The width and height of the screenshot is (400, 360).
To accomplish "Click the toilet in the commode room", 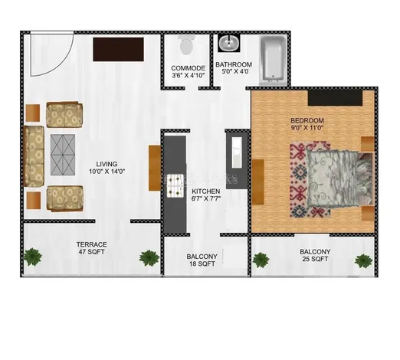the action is [x=186, y=44].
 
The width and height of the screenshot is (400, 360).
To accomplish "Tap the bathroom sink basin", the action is [x=229, y=43].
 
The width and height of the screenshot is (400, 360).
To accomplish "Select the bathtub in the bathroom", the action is [x=273, y=61].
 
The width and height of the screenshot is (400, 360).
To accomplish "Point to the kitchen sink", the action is [x=237, y=152].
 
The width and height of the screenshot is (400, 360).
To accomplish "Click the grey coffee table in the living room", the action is [x=63, y=155].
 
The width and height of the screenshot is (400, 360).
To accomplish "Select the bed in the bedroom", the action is [x=340, y=178].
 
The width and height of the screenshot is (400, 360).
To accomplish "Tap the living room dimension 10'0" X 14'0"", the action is [x=107, y=172].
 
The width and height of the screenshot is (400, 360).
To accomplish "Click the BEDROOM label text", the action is [x=307, y=120].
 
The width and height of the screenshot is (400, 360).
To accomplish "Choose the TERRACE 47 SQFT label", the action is [x=91, y=248].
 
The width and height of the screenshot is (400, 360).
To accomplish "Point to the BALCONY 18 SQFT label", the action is [x=202, y=260].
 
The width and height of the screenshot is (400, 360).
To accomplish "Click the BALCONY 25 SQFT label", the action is [x=315, y=255].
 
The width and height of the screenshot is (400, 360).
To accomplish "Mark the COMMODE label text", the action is [x=188, y=68].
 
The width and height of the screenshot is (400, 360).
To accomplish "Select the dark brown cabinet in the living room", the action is [x=118, y=49].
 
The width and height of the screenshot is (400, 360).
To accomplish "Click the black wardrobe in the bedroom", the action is [x=335, y=97].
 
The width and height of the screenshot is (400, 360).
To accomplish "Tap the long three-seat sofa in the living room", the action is [x=34, y=156].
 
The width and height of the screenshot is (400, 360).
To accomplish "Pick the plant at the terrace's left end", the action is [x=33, y=257].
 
